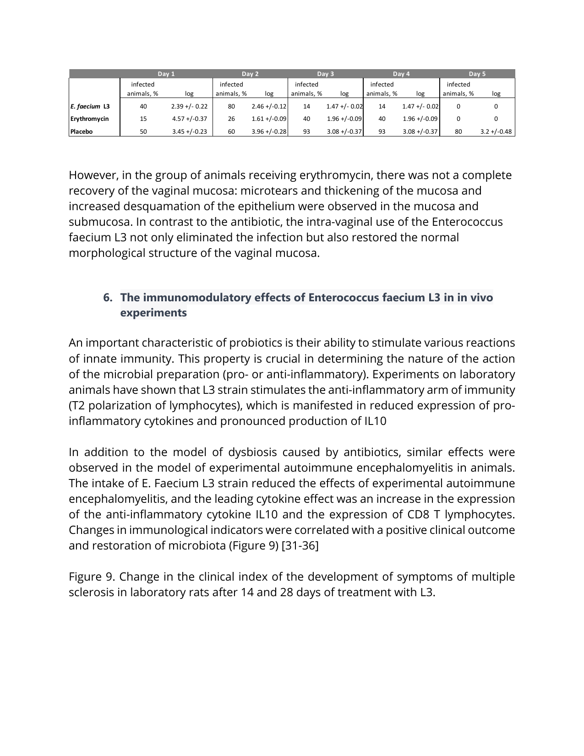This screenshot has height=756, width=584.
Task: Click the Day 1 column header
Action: click(x=166, y=74)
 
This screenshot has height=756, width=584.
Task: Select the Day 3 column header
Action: click(x=325, y=74)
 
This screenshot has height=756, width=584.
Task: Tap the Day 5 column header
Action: click(x=477, y=74)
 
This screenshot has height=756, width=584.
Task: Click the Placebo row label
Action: click(x=82, y=131)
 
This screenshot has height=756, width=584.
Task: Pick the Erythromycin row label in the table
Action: click(x=89, y=119)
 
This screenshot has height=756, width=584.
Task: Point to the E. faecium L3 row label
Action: click(x=90, y=106)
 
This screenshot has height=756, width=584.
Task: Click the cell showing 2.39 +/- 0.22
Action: click(x=189, y=106)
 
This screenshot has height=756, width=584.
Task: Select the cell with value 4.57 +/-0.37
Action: click(x=189, y=119)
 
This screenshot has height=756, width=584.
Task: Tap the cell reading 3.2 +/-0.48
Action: click(x=496, y=131)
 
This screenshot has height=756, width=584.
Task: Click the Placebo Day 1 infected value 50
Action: click(x=143, y=131)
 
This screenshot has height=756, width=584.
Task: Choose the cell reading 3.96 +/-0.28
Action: click(x=269, y=131)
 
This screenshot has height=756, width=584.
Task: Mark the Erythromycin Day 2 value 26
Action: click(x=231, y=119)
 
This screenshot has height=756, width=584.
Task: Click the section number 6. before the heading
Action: click(x=108, y=298)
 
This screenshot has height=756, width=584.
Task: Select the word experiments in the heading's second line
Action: click(x=153, y=313)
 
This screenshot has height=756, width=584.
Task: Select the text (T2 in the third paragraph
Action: click(x=77, y=406)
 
